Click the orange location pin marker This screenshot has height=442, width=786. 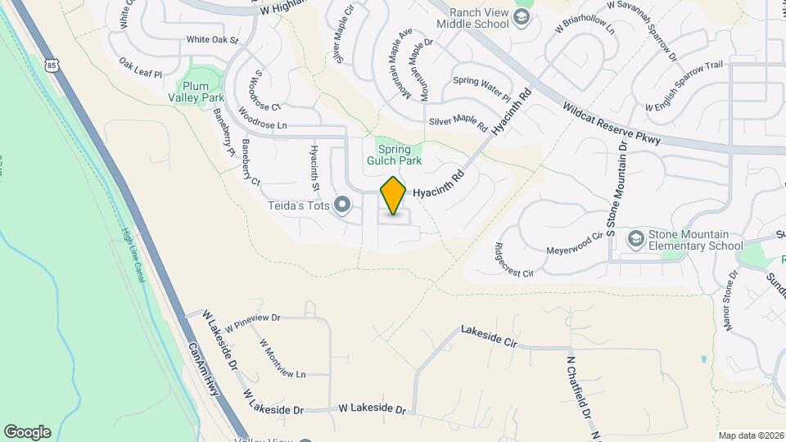[393, 196]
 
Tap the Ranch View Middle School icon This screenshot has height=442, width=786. [521, 17]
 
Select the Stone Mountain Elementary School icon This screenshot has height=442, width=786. [635, 239]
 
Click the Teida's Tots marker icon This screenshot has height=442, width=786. [342, 204]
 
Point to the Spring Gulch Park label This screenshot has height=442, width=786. [398, 154]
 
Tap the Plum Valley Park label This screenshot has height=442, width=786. [196, 92]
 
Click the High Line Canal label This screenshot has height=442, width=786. [133, 256]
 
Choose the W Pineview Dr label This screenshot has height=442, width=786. [252, 322]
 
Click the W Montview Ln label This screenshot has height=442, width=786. [282, 358]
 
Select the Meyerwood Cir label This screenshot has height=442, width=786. [574, 242]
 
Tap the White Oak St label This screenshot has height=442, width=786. [211, 39]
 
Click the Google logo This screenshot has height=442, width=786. [27, 431]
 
